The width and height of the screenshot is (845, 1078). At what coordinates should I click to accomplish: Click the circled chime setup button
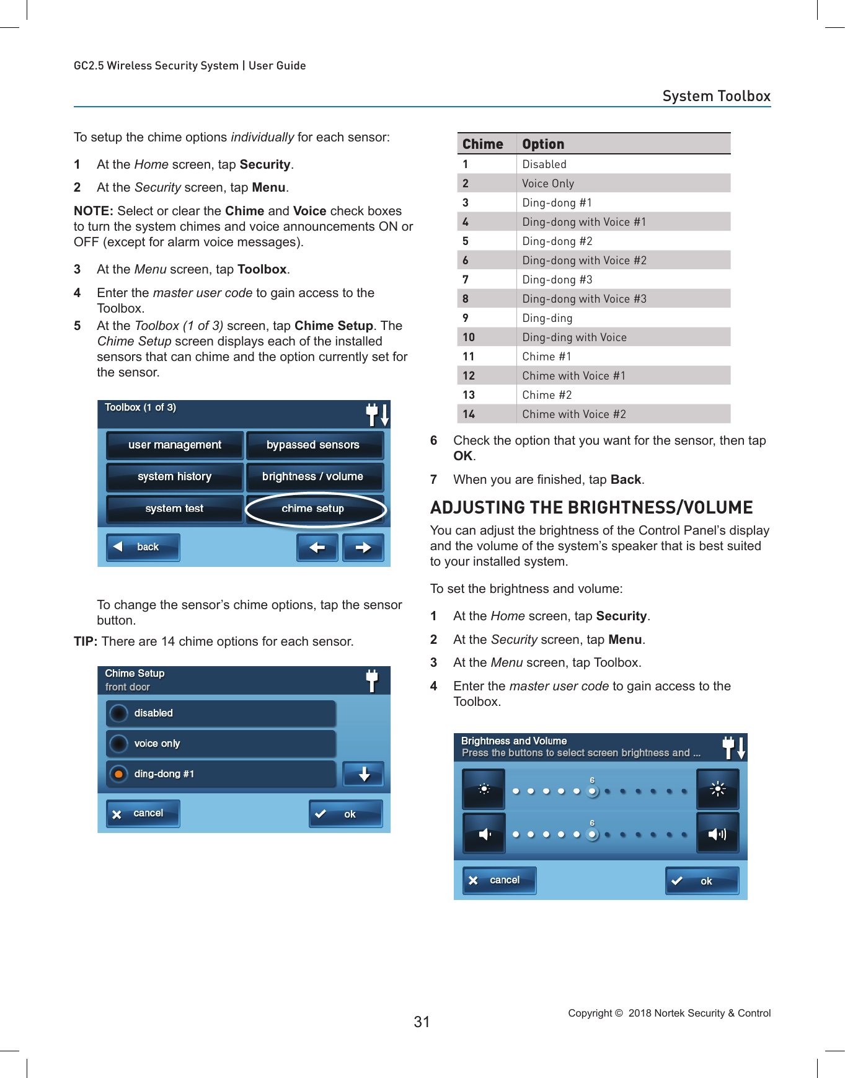click(315, 509)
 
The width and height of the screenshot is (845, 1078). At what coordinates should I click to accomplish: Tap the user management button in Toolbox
click(174, 445)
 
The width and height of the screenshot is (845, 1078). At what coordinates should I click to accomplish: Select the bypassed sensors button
click(314, 445)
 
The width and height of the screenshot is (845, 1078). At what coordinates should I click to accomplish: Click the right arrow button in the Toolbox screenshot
click(363, 548)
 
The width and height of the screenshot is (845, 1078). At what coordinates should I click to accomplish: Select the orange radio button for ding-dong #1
click(118, 774)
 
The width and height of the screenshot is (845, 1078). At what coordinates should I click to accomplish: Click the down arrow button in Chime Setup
click(364, 774)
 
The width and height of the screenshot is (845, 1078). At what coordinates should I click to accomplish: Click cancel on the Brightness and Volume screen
click(498, 880)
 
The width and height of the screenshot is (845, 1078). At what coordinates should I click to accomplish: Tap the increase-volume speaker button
click(717, 834)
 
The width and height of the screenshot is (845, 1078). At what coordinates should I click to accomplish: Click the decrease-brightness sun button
click(484, 789)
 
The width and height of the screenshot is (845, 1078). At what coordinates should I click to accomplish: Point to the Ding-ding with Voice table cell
click(574, 337)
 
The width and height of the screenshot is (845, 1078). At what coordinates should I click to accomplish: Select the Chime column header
click(482, 144)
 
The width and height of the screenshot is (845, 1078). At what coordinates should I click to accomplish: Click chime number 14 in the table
click(469, 414)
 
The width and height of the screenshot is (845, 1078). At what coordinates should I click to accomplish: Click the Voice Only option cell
click(548, 184)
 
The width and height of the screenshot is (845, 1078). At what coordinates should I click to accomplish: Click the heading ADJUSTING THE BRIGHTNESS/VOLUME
click(591, 508)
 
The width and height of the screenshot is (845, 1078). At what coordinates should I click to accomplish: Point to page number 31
click(422, 1022)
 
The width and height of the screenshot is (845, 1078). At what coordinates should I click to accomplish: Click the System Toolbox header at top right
click(715, 96)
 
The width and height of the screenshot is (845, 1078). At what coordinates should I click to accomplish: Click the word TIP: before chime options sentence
click(86, 642)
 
